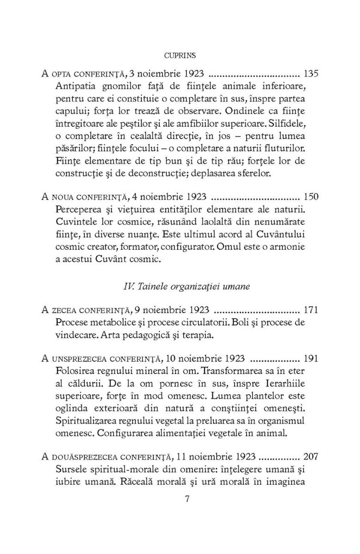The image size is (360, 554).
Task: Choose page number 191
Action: point(312,359)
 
